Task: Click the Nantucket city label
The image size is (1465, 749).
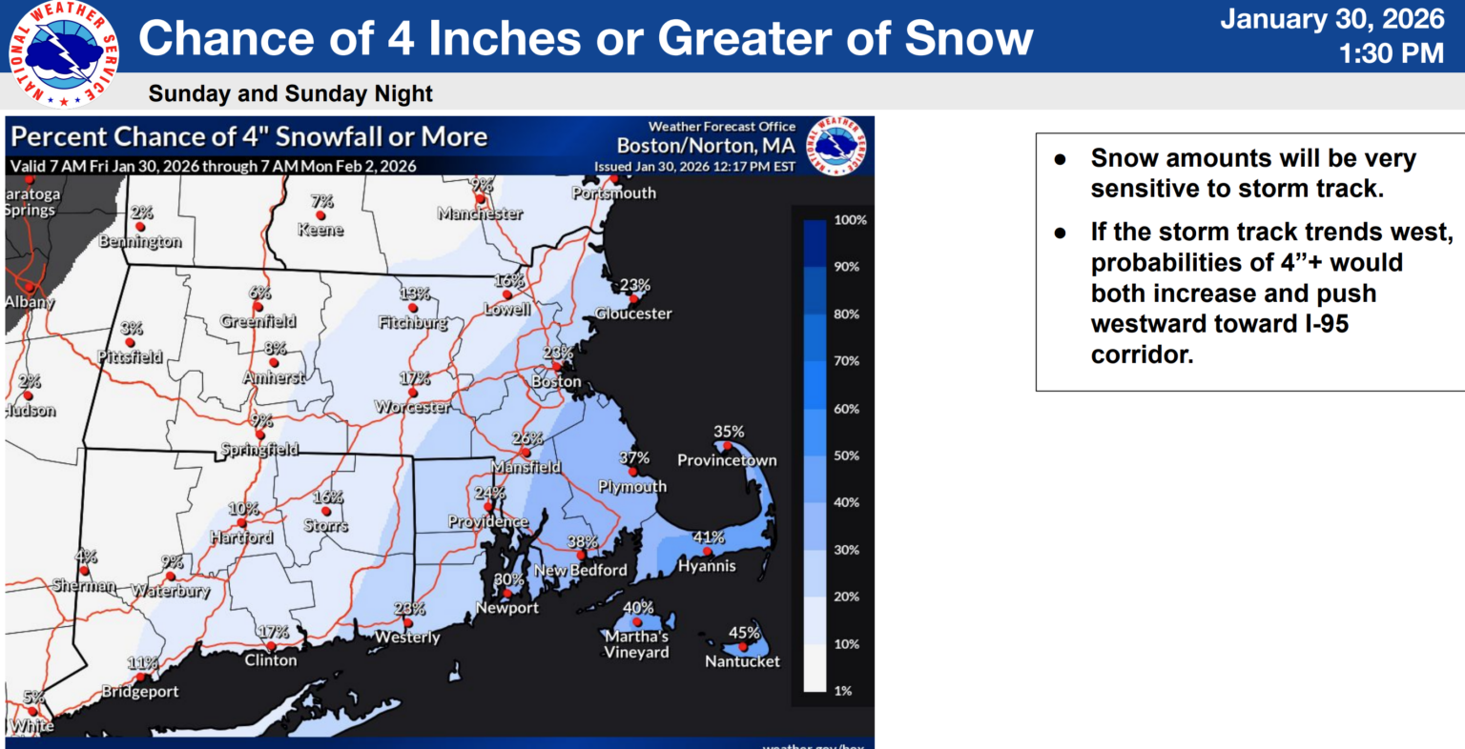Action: pyautogui.click(x=742, y=661)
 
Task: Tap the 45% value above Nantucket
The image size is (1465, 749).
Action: pyautogui.click(x=744, y=633)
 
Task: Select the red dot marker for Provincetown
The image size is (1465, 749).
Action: pyautogui.click(x=727, y=445)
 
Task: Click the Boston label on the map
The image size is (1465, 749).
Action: pyautogui.click(x=556, y=381)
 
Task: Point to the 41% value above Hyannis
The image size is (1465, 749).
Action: pyautogui.click(x=709, y=537)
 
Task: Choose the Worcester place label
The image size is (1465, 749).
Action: pyautogui.click(x=412, y=407)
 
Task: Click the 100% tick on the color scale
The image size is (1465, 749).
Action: pyautogui.click(x=850, y=220)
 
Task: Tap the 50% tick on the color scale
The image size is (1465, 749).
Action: pyautogui.click(x=846, y=455)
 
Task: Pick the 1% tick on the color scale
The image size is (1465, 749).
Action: pyautogui.click(x=842, y=691)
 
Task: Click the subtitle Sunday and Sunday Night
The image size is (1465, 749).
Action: pyautogui.click(x=290, y=93)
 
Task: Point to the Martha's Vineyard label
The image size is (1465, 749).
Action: pyautogui.click(x=636, y=644)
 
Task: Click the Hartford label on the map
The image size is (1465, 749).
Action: pyautogui.click(x=241, y=537)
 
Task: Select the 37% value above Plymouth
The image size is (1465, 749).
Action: pyautogui.click(x=634, y=458)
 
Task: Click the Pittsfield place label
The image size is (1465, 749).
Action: pyautogui.click(x=130, y=357)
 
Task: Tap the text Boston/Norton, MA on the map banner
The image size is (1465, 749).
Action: pyautogui.click(x=705, y=146)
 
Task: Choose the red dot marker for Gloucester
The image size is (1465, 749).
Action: pyautogui.click(x=632, y=298)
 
